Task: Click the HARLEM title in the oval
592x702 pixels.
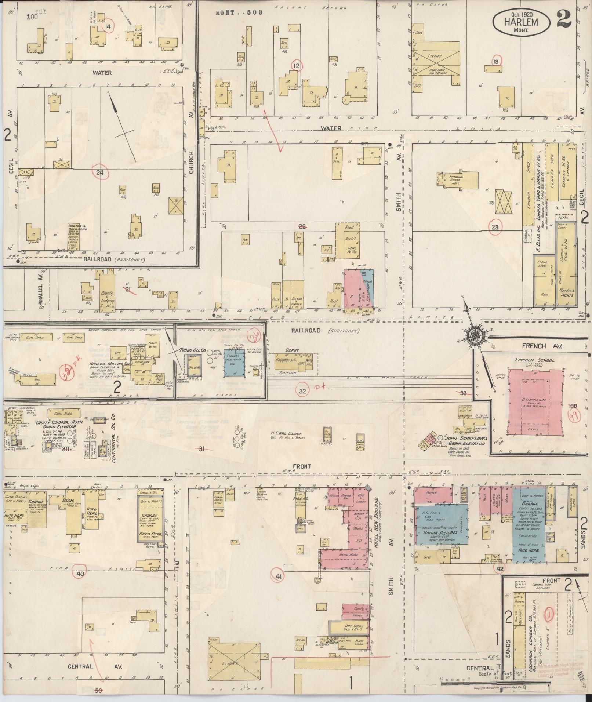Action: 521,22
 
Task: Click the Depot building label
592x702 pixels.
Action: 293,350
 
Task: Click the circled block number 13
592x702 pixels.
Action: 496,62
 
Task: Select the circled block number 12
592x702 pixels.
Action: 296,66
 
